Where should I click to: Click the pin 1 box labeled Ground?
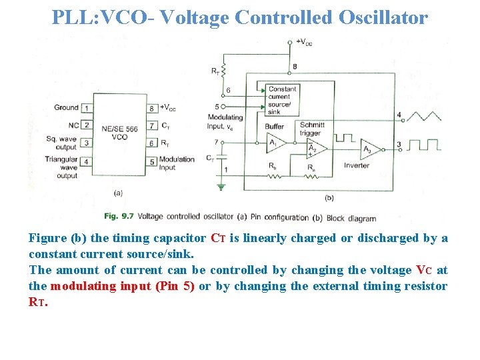click(x=86, y=107)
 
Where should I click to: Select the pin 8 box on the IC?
click(x=152, y=108)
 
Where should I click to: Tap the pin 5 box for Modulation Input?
click(x=152, y=161)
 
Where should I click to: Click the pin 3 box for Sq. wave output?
click(x=86, y=143)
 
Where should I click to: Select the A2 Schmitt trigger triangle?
click(x=311, y=148)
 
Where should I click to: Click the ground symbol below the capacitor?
click(x=222, y=188)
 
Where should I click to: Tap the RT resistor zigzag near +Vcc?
click(x=224, y=70)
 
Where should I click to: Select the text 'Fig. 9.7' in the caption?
click(x=120, y=217)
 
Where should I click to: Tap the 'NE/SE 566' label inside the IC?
click(x=119, y=128)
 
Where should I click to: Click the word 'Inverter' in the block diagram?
click(x=356, y=165)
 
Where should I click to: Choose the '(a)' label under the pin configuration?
click(x=118, y=193)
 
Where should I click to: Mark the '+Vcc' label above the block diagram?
click(x=304, y=43)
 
